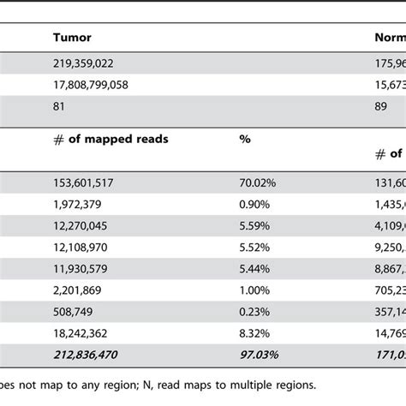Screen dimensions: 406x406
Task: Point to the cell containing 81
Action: (x=59, y=107)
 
